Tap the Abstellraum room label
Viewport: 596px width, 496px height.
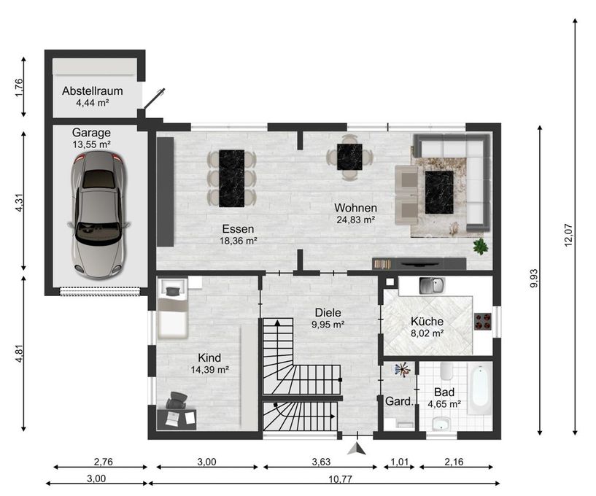92,91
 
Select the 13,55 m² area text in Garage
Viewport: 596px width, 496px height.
91,144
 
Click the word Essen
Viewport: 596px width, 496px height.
238,227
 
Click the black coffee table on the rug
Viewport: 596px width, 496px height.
439,191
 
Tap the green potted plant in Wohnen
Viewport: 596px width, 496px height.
480,246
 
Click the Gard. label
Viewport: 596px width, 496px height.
398,402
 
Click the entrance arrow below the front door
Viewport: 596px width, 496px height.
355,449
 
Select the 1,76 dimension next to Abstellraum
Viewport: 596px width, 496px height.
20,87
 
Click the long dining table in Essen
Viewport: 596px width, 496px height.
232,177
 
